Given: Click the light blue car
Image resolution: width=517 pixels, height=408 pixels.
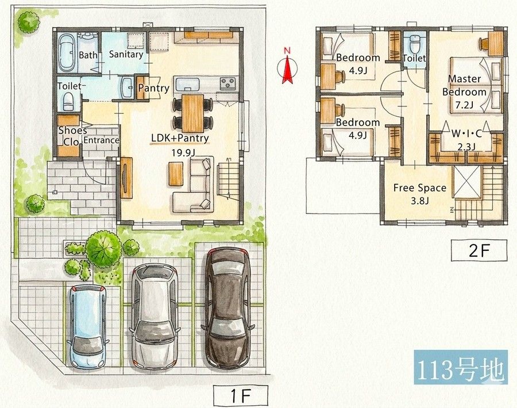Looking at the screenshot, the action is click(x=87, y=326).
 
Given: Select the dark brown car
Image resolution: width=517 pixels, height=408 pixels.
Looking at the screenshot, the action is click(x=228, y=307).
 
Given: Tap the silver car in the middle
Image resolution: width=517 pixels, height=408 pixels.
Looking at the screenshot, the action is click(x=155, y=315).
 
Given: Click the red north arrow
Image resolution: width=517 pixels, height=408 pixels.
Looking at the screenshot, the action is click(x=288, y=68).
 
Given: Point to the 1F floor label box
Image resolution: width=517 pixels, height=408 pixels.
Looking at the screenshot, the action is click(x=240, y=396).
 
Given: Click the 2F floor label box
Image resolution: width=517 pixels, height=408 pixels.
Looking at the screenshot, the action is click(x=479, y=251).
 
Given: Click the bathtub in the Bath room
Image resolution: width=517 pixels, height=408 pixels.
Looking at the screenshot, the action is click(x=67, y=53).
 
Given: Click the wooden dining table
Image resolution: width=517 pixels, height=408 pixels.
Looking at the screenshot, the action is click(x=193, y=113).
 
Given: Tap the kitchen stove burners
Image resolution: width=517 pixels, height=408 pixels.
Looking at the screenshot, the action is click(x=228, y=83).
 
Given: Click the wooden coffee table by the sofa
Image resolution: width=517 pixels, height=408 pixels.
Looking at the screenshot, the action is click(x=176, y=174).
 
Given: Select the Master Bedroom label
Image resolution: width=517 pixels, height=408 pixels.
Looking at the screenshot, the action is click(x=465, y=85).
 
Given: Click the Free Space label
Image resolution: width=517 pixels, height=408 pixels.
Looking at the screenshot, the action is click(x=420, y=188).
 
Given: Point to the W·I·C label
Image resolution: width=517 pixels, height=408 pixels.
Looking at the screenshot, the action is click(x=466, y=134).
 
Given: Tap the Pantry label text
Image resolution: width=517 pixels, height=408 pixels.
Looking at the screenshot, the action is click(x=153, y=88).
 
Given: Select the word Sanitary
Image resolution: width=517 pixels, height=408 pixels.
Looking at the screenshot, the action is click(x=126, y=54).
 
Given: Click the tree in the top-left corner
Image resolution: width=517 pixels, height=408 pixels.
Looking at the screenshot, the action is click(x=29, y=22).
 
